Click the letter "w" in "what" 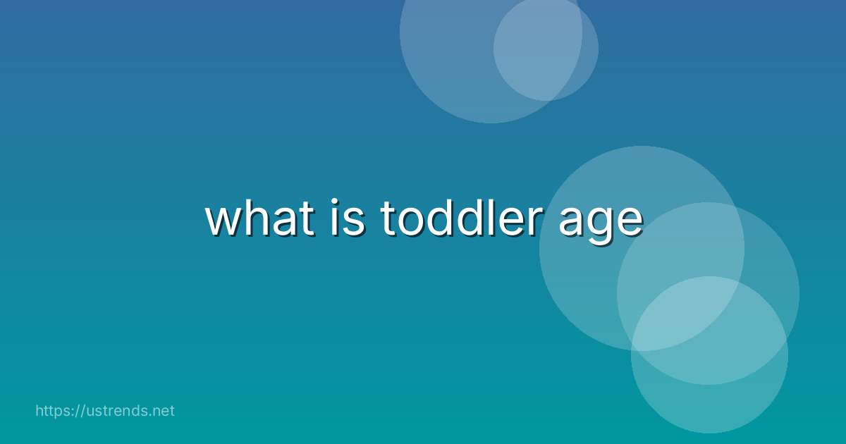pyautogui.click(x=221, y=222)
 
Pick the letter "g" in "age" pyautogui.click(x=599, y=226)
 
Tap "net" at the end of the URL pyautogui.click(x=163, y=411)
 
